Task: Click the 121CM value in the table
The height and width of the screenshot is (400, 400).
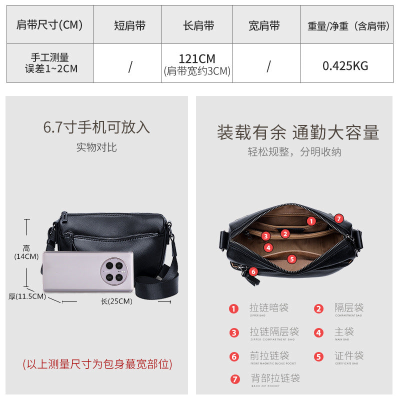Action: pyautogui.click(x=197, y=59)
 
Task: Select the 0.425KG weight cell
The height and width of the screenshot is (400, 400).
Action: pyautogui.click(x=345, y=65)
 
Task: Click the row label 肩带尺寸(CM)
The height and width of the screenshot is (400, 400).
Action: pyautogui.click(x=49, y=25)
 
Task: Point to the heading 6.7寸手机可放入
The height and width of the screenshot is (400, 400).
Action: pyautogui.click(x=96, y=127)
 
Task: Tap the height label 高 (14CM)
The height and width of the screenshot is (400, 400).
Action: pyautogui.click(x=26, y=252)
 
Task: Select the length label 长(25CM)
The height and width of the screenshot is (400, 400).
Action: pyautogui.click(x=116, y=301)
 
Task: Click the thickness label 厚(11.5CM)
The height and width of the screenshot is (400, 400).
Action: pyautogui.click(x=27, y=296)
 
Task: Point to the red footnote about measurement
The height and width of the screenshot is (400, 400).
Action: pyautogui.click(x=97, y=364)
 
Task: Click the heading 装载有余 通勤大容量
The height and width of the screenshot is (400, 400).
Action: pyautogui.click(x=297, y=132)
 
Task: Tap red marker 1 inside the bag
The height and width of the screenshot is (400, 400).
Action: pyautogui.click(x=311, y=221)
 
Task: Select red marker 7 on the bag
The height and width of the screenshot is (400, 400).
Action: pyautogui.click(x=339, y=218)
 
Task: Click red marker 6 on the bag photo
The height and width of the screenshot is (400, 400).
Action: pyautogui.click(x=253, y=271)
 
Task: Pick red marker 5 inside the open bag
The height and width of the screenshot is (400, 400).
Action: pyautogui.click(x=292, y=259)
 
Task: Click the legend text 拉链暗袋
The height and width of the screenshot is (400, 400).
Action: pyautogui.click(x=269, y=308)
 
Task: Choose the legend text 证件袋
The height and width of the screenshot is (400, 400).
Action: pyautogui.click(x=348, y=356)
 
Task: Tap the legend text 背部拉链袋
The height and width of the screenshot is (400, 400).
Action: pyautogui.click(x=275, y=378)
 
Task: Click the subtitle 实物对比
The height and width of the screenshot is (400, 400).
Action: pyautogui.click(x=96, y=147)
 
